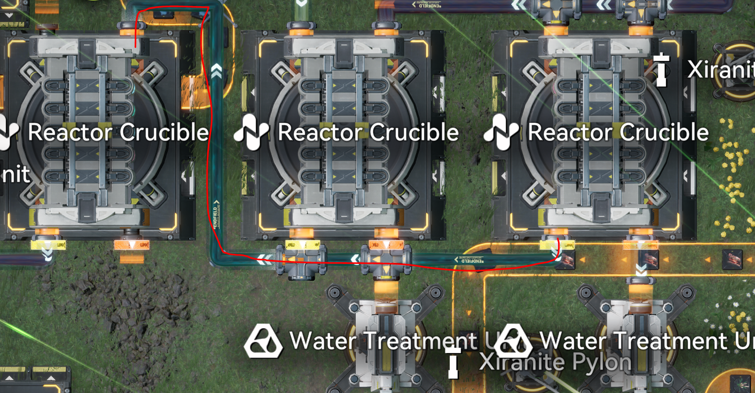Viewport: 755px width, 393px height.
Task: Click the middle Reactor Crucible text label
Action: pos(368,133)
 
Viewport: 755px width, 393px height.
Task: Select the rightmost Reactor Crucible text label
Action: pos(618,133)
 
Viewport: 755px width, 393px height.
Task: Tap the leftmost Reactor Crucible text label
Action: pos(118,133)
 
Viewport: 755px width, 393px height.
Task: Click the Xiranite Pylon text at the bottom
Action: pos(555,361)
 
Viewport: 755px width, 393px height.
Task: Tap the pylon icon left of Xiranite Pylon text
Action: pos(452,362)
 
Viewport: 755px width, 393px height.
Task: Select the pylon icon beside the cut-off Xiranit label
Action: pos(661,69)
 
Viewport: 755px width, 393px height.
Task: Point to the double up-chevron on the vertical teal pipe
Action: pos(216,70)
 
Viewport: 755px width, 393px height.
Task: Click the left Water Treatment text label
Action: pos(383,341)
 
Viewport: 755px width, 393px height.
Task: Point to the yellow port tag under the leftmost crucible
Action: pos(48,245)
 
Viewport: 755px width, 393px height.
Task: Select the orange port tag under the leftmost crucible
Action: pos(131,245)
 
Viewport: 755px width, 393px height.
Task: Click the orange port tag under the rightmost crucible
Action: pos(641,245)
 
